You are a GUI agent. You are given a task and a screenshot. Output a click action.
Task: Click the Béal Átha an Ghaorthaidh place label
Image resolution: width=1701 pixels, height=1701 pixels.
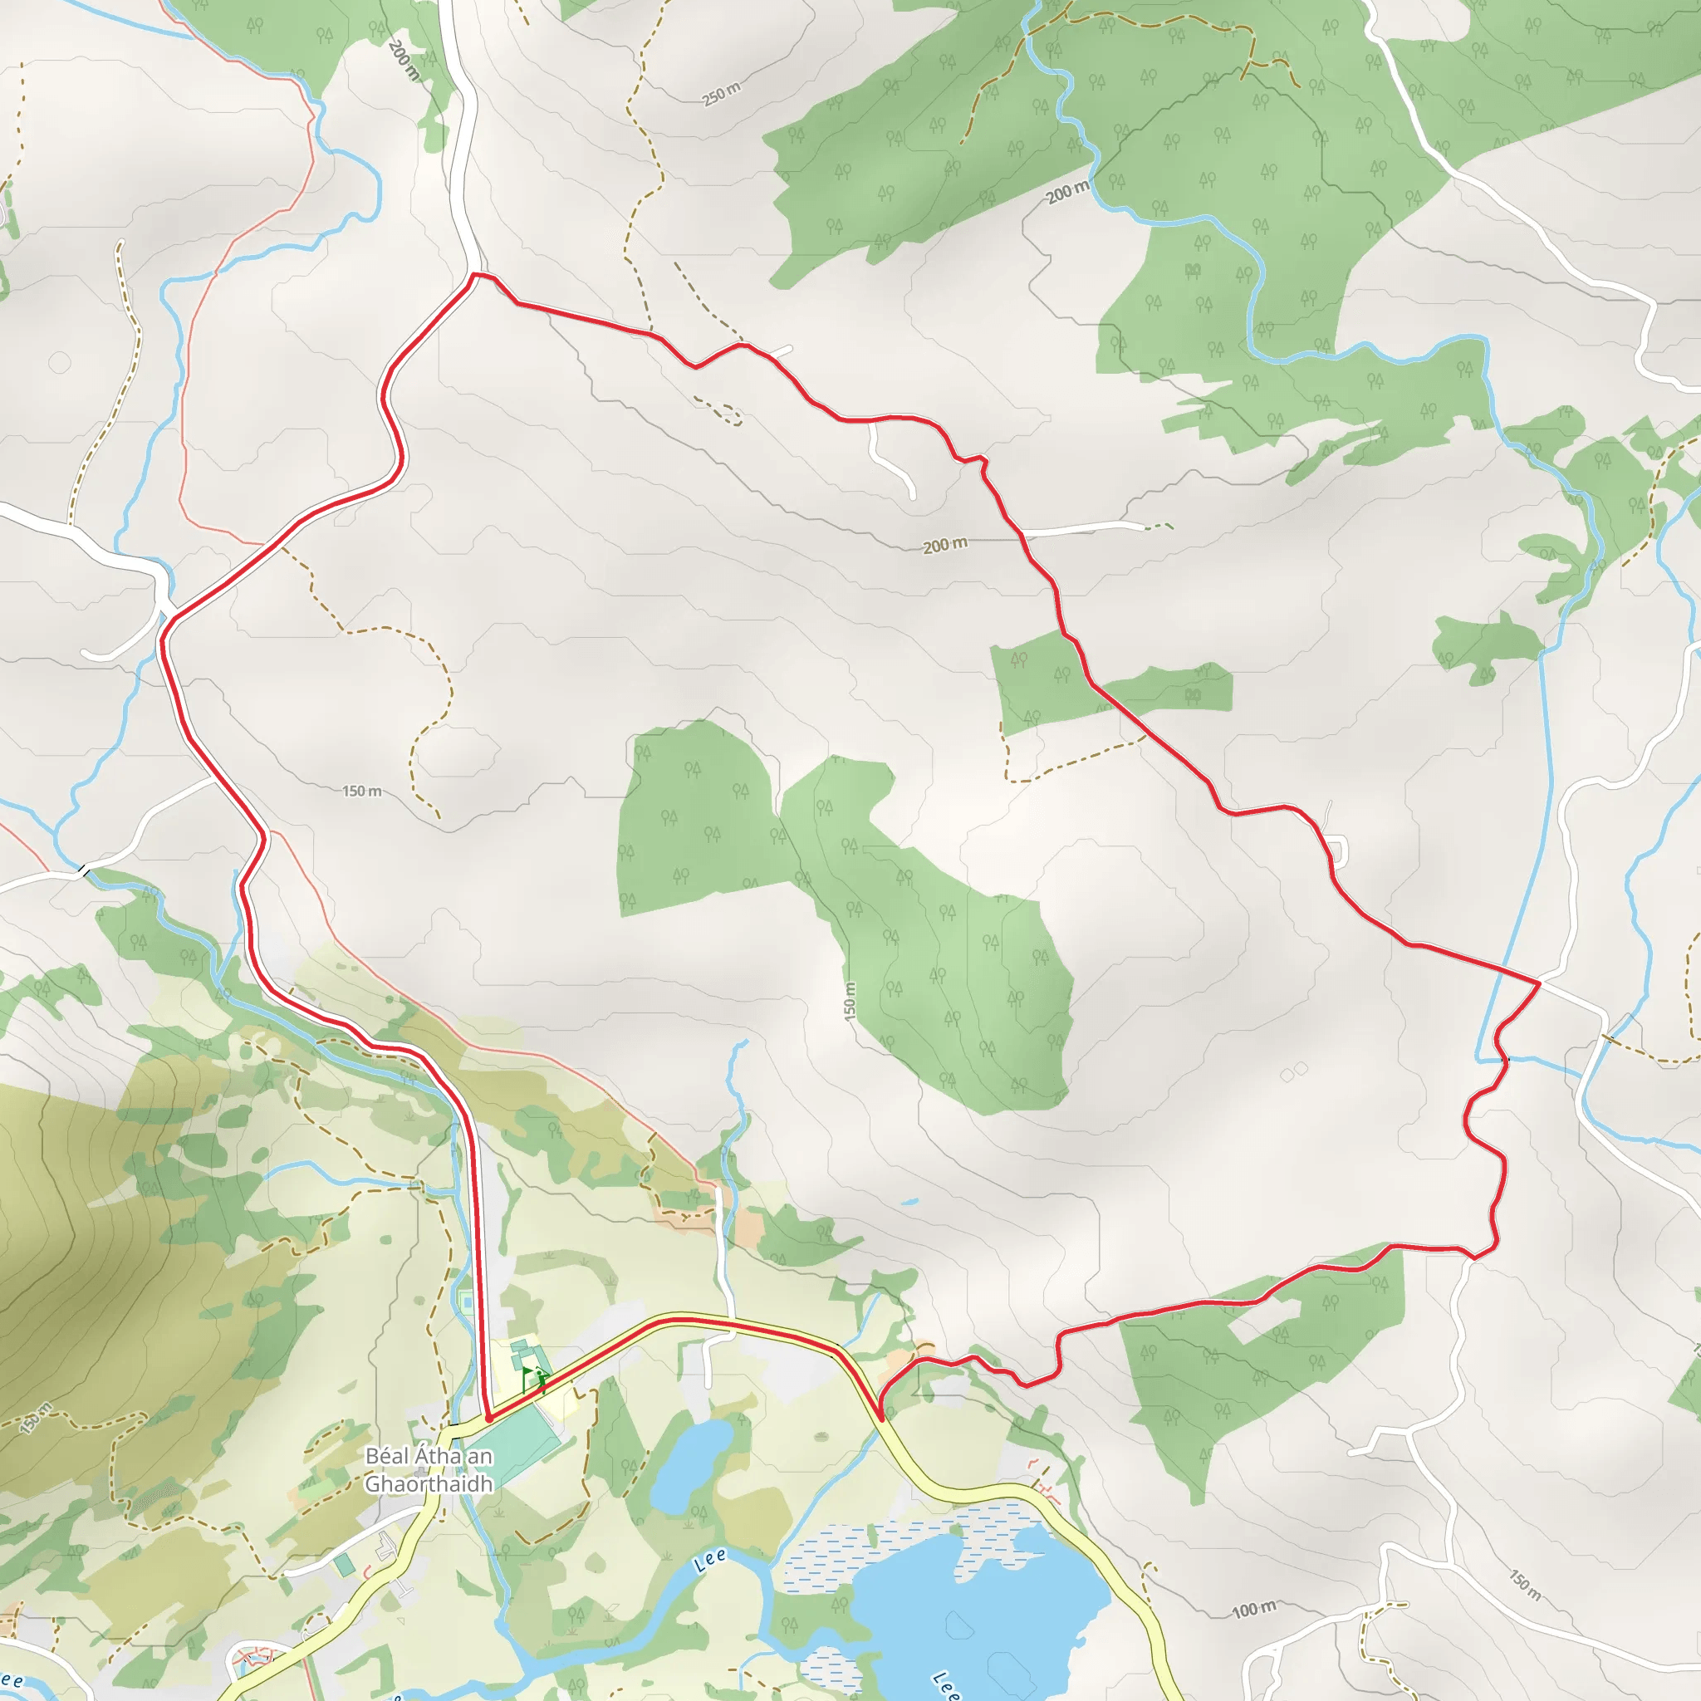tap(429, 1469)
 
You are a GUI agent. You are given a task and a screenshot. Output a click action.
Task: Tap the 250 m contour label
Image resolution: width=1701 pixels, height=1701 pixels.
tap(721, 94)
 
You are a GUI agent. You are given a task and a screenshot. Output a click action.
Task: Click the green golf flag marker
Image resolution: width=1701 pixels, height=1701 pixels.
tap(528, 1375)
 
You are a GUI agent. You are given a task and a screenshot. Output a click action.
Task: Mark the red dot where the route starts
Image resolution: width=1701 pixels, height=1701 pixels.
tap(488, 1419)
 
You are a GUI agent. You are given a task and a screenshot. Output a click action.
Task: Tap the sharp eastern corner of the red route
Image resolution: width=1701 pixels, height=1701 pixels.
tap(1538, 982)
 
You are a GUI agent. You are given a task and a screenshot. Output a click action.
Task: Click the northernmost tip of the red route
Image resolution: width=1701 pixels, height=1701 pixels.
tap(474, 274)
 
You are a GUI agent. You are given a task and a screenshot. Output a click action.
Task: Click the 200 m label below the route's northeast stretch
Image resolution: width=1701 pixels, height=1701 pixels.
tap(944, 546)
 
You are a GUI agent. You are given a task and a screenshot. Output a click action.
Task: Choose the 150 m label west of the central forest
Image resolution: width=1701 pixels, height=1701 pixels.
tap(362, 792)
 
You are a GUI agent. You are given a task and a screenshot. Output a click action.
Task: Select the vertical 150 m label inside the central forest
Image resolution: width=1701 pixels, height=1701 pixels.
tap(850, 1001)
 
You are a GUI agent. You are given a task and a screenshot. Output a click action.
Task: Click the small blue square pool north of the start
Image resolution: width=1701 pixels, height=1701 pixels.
tap(465, 1300)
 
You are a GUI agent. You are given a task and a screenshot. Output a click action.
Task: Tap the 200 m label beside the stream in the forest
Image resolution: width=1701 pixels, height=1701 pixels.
tap(1068, 191)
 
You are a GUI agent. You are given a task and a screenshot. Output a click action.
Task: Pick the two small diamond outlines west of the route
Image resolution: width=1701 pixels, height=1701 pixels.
tap(1293, 1070)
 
